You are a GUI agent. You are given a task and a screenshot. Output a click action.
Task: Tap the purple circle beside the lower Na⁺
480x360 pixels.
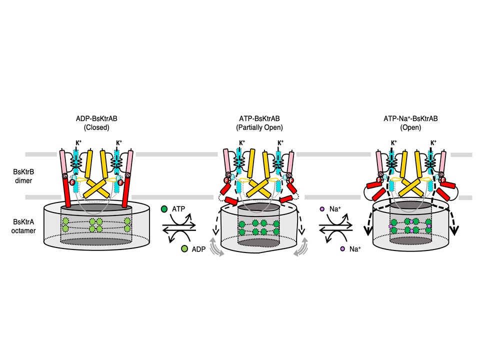[x=343, y=248]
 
